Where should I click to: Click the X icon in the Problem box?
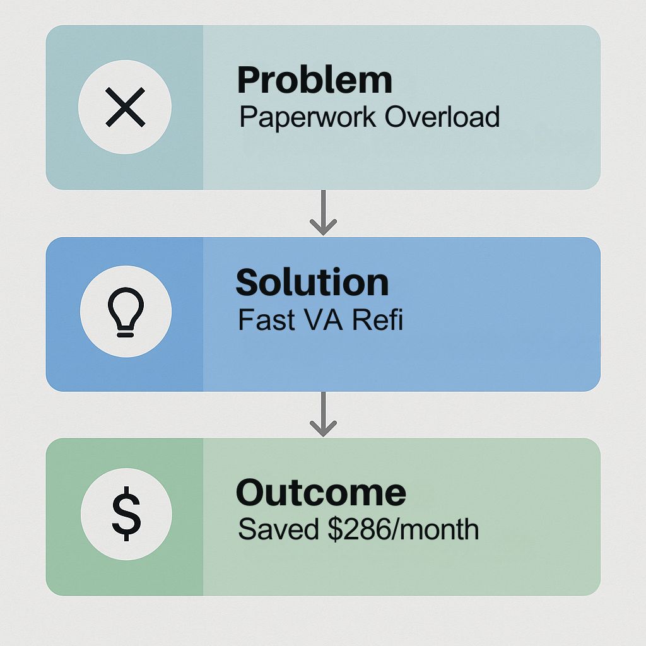coord(126,107)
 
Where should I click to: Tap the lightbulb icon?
coord(126,312)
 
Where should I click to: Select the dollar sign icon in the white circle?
coord(126,514)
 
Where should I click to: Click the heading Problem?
coord(315,80)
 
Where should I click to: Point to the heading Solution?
coord(312,282)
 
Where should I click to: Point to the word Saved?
coord(278,529)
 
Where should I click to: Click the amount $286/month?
coord(403,529)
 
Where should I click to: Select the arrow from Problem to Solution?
coord(324,213)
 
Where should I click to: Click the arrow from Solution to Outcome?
coord(324,414)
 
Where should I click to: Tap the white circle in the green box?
coord(126,514)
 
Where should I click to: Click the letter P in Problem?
coord(250,81)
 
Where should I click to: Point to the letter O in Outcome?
coord(252,493)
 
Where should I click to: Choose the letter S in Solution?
coord(249,282)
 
